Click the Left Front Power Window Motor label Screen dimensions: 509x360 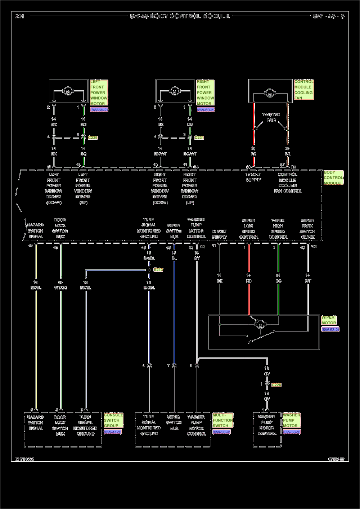coord(99,93)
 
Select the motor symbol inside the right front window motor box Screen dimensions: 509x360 coord(174,91)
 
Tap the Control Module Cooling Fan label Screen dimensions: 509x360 coord(304,90)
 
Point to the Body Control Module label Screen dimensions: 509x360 coord(333,178)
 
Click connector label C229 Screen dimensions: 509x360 coord(93,138)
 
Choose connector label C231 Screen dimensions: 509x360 coord(199,138)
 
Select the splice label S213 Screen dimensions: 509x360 coord(158,270)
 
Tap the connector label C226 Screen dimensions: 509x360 coord(276,385)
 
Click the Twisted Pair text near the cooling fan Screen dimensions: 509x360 coord(271,117)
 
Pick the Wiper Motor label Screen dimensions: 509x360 coord(328,320)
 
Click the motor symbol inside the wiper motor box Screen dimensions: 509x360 coord(260,325)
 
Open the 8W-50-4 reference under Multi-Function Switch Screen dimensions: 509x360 coord(221,432)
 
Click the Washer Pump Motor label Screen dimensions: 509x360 coord(291,420)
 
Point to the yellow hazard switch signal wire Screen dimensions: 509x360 coord(35,324)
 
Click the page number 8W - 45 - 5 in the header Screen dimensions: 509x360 coord(328,16)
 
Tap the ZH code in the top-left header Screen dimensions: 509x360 coord(20,16)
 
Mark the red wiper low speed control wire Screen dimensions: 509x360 coord(249,295)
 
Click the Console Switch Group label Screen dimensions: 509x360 coord(113,420)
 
